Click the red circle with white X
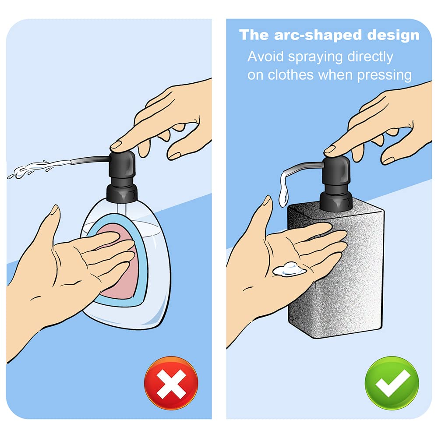click(171, 383)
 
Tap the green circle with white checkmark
click(392, 383)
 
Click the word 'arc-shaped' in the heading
click(318, 35)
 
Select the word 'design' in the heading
click(393, 35)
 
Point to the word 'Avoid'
click(265, 57)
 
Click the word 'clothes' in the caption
click(290, 75)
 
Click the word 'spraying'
click(315, 57)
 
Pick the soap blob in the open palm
click(290, 269)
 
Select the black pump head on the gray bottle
click(336, 171)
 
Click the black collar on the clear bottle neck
click(122, 193)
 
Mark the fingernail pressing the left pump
click(116, 145)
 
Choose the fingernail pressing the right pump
click(329, 149)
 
